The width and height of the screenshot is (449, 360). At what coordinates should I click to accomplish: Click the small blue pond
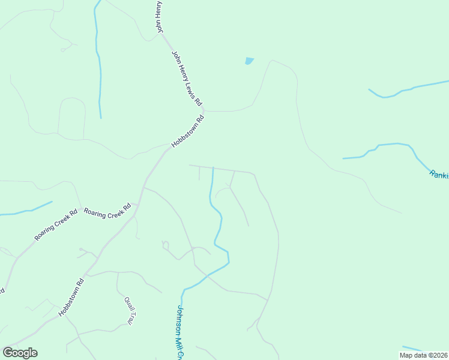tap(249, 61)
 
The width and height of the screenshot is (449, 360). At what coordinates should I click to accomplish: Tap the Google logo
tap(20, 353)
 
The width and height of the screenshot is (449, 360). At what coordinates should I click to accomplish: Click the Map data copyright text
tap(424, 355)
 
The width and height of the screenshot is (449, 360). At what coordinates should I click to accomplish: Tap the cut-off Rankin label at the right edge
tap(439, 175)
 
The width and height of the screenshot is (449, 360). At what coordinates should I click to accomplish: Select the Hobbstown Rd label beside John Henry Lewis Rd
tap(188, 131)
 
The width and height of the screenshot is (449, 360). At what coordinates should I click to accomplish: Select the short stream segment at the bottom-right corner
tap(411, 349)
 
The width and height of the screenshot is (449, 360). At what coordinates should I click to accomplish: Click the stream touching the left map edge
tap(24, 209)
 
